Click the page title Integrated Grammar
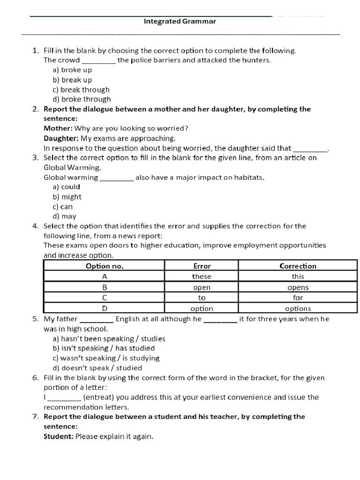click(x=180, y=22)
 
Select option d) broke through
click(x=82, y=99)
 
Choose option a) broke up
click(x=72, y=70)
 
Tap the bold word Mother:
click(x=58, y=128)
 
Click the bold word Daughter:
click(x=61, y=138)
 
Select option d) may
click(x=64, y=216)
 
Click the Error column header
click(x=202, y=266)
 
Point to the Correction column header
click(x=298, y=266)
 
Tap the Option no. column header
click(x=104, y=266)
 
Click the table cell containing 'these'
click(x=202, y=277)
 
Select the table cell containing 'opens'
click(x=298, y=287)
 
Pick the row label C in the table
click(x=105, y=298)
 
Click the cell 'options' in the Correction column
click(x=298, y=308)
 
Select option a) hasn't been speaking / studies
click(x=109, y=338)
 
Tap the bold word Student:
click(x=59, y=436)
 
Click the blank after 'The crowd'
click(x=99, y=60)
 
